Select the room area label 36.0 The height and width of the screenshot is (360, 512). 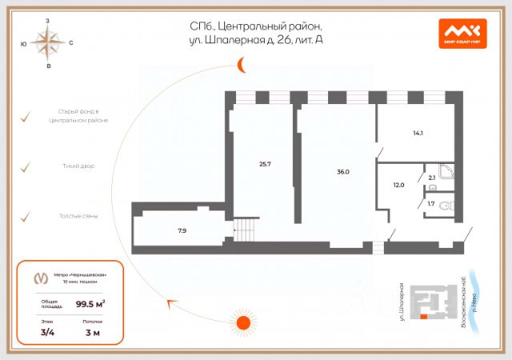tap(343, 171)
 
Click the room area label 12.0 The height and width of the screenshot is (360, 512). tap(399, 185)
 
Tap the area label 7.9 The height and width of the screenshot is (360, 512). tap(182, 230)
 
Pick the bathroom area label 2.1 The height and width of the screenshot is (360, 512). tap(432, 178)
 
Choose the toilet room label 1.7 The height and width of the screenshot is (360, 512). tap(431, 204)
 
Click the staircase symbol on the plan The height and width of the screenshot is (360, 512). tap(246, 230)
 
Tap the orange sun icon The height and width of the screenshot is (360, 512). tap(241, 322)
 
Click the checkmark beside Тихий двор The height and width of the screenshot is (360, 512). tap(26, 166)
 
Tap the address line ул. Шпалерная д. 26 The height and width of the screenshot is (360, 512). tap(253, 39)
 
